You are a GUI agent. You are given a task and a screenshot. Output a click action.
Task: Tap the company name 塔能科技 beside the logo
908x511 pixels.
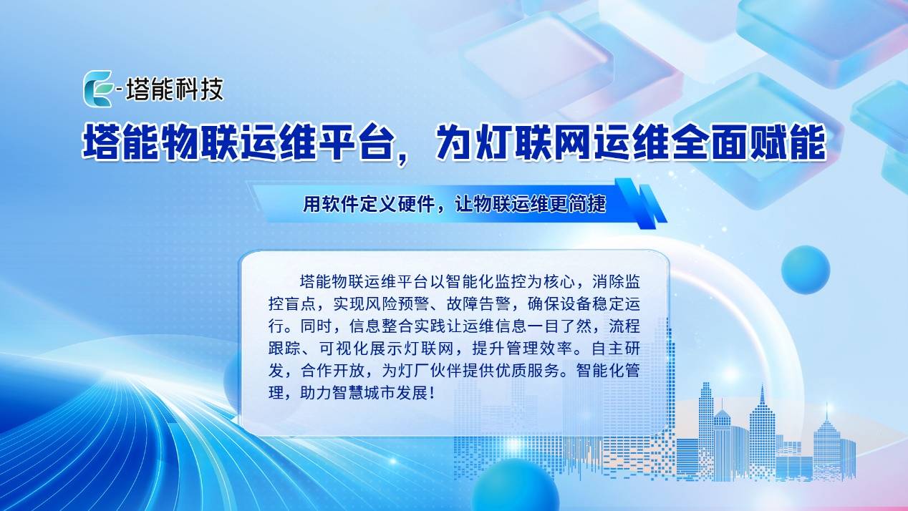click(x=175, y=89)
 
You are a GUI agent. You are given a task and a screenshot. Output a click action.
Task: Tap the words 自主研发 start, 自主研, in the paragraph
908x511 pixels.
click(x=616, y=348)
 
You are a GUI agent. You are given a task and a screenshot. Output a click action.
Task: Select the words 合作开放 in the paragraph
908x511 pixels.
click(x=332, y=371)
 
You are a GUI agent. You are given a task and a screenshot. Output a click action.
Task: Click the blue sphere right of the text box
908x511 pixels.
click(x=805, y=270)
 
